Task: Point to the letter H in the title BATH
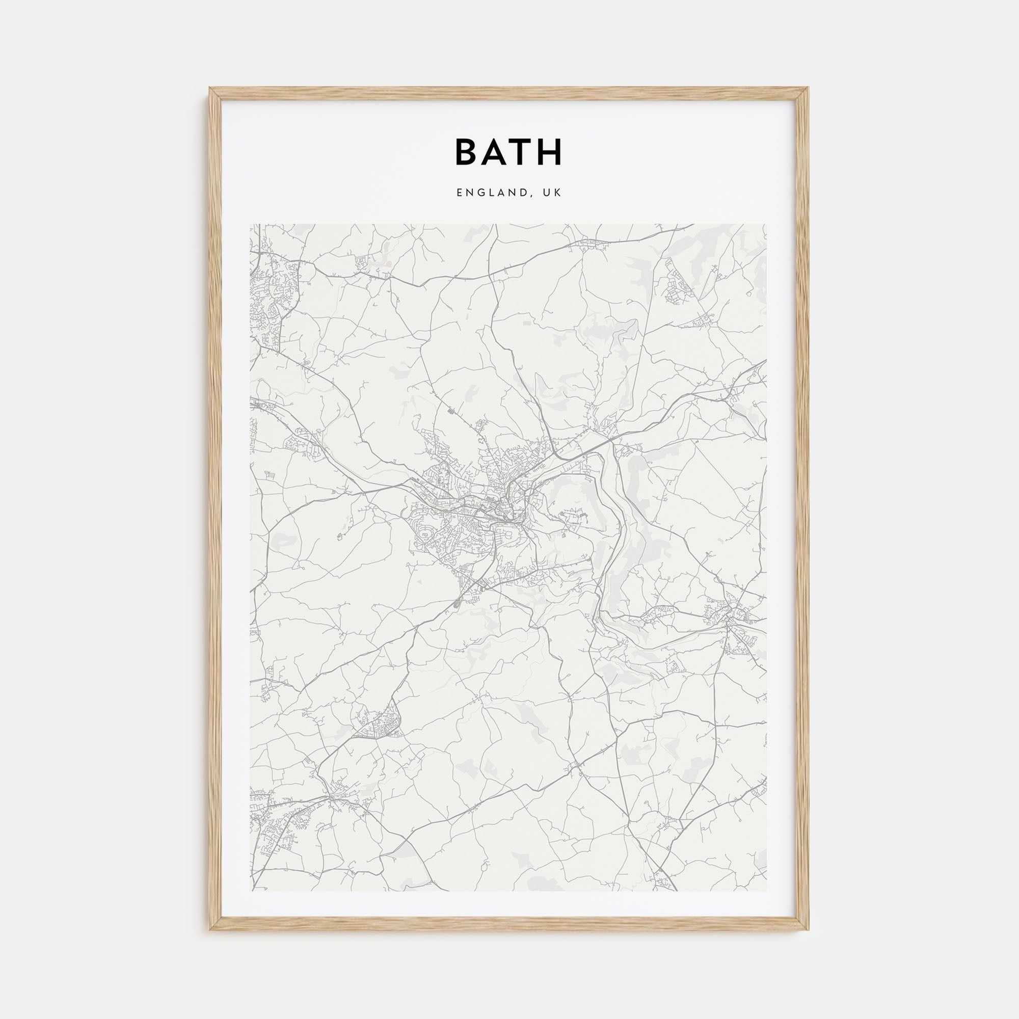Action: point(551,152)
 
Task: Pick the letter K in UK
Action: point(559,193)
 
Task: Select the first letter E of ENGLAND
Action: point(460,193)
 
